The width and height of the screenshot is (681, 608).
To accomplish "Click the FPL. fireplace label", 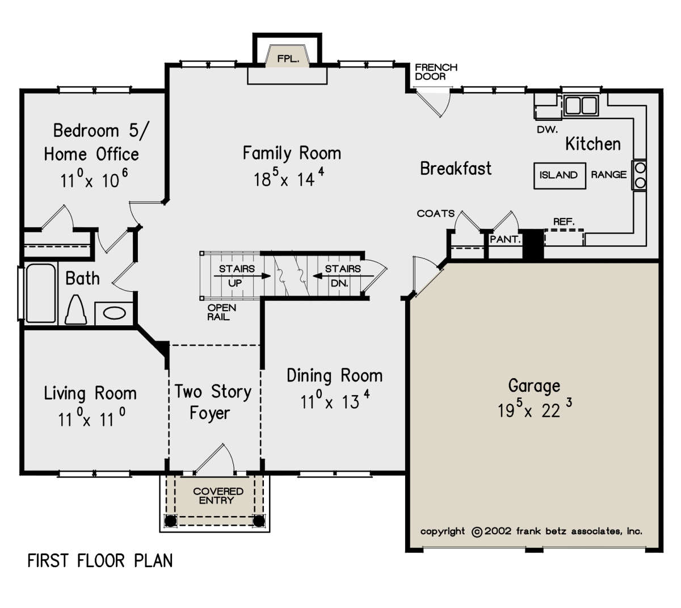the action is pyautogui.click(x=288, y=59).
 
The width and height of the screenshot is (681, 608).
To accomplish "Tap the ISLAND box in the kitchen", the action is pyautogui.click(x=560, y=176).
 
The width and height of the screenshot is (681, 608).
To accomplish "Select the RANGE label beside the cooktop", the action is pyautogui.click(x=609, y=174).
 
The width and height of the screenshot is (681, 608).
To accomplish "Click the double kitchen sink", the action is pyautogui.click(x=581, y=105).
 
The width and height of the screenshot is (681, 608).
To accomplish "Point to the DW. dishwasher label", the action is pyautogui.click(x=548, y=129).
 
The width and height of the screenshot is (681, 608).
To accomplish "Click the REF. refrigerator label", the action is pyautogui.click(x=564, y=222).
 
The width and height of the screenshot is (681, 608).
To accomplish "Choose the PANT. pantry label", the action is pyautogui.click(x=505, y=240).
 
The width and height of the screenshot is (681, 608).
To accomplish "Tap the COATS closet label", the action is pyautogui.click(x=436, y=213).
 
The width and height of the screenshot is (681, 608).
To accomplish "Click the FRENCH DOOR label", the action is pyautogui.click(x=436, y=72).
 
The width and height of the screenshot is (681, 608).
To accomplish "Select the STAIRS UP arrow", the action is pyautogui.click(x=242, y=276).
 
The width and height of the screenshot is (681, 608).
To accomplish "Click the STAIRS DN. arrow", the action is pyautogui.click(x=343, y=276).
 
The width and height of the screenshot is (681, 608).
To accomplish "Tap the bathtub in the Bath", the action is pyautogui.click(x=41, y=293).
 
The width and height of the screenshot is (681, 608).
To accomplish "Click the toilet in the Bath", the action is pyautogui.click(x=76, y=310).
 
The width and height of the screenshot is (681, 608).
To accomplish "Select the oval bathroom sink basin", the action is pyautogui.click(x=114, y=313).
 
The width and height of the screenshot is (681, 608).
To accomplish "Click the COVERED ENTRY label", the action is pyautogui.click(x=218, y=496).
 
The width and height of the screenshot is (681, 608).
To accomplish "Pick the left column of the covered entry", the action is pyautogui.click(x=170, y=521).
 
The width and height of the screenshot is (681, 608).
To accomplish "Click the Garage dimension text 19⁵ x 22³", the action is pyautogui.click(x=535, y=409).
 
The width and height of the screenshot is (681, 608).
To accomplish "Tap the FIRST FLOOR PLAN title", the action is pyautogui.click(x=100, y=561).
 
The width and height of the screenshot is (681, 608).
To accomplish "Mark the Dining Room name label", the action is pyautogui.click(x=334, y=376).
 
